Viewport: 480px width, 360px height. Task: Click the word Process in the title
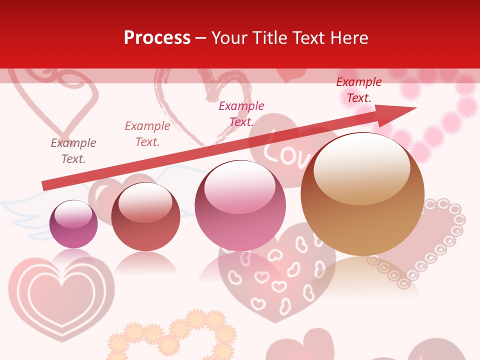(x=157, y=38)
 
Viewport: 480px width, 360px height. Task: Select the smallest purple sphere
(x=73, y=224)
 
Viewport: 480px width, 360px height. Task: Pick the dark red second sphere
(x=145, y=216)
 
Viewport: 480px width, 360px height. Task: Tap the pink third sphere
(x=240, y=205)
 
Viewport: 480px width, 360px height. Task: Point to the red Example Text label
(x=359, y=90)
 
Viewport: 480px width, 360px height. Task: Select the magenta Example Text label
(x=241, y=113)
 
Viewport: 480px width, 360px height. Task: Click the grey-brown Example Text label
(x=73, y=151)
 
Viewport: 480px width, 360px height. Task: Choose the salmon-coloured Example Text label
(x=147, y=133)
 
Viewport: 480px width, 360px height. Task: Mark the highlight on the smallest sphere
(x=73, y=214)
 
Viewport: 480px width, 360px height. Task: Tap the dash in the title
(x=201, y=38)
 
